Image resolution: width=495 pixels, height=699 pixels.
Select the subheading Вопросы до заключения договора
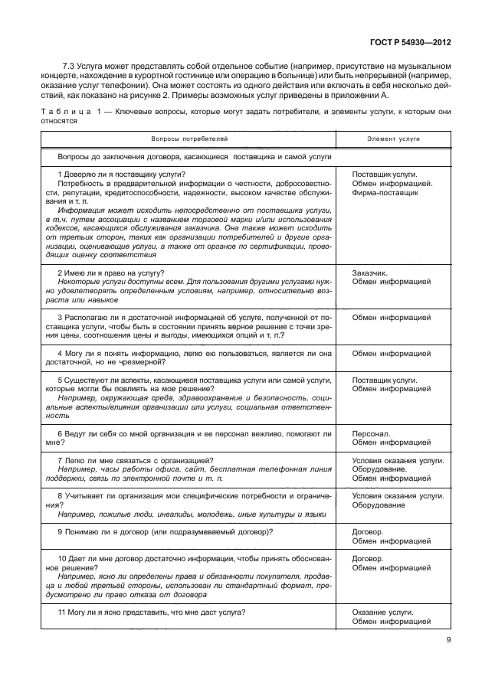pyautogui.click(x=195, y=156)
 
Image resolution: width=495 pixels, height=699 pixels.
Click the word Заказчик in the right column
pyautogui.click(x=371, y=273)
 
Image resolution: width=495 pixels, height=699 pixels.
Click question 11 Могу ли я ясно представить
pyautogui.click(x=152, y=612)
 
